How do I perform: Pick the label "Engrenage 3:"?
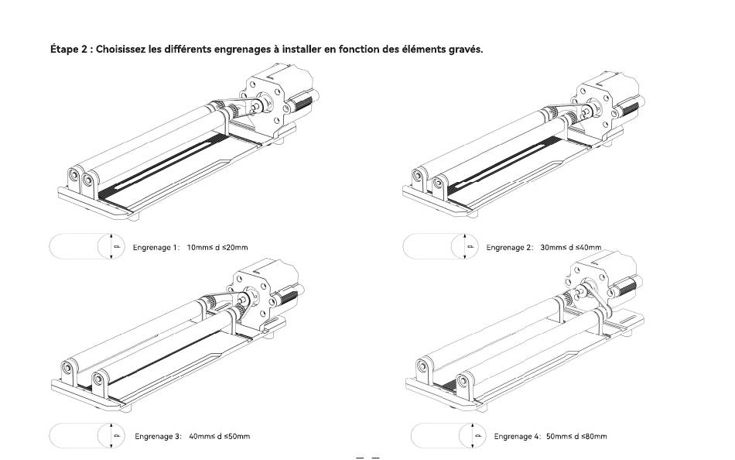pyautogui.click(x=158, y=436)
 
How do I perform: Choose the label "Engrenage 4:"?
pyautogui.click(x=518, y=436)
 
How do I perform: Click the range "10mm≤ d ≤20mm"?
pyautogui.click(x=217, y=247)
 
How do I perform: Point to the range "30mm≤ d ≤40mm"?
pyautogui.click(x=571, y=247)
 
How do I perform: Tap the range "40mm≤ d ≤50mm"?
pyautogui.click(x=220, y=436)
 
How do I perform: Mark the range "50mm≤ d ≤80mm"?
pyautogui.click(x=576, y=436)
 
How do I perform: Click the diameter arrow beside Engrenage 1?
pyautogui.click(x=111, y=246)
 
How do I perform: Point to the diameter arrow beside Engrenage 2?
pyautogui.click(x=464, y=246)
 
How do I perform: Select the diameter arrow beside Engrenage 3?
pyautogui.click(x=111, y=435)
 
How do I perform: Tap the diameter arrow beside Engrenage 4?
pyautogui.click(x=472, y=435)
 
